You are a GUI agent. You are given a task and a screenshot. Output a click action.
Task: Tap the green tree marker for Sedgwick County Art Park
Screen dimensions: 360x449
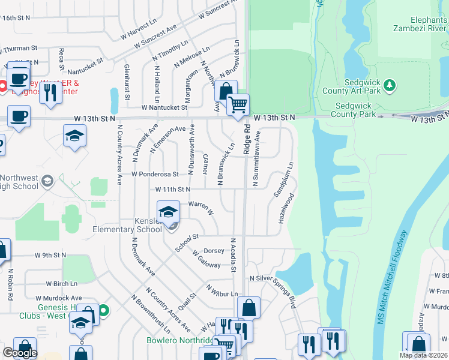[x=390, y=85]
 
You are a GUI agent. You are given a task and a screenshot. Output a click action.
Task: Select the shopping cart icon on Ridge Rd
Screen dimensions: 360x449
[x=238, y=106]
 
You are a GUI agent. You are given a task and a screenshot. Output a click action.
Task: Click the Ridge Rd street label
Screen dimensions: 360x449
[x=246, y=140]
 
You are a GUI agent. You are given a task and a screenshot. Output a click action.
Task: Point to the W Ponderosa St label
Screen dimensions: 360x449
[x=155, y=175]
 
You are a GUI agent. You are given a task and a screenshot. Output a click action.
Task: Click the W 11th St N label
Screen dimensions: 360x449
[x=172, y=189]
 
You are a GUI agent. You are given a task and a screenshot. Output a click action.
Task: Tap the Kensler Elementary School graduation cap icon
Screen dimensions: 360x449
[x=168, y=212]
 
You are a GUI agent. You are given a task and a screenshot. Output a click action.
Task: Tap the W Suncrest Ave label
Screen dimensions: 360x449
[x=155, y=37]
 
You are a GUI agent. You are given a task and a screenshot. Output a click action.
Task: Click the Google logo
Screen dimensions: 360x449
[x=20, y=353]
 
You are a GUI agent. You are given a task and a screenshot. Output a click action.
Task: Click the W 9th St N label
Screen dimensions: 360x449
[x=50, y=255]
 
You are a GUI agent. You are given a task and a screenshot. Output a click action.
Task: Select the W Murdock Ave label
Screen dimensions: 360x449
[x=58, y=298]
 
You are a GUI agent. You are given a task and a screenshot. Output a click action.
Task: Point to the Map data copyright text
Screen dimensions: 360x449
[x=423, y=355]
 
